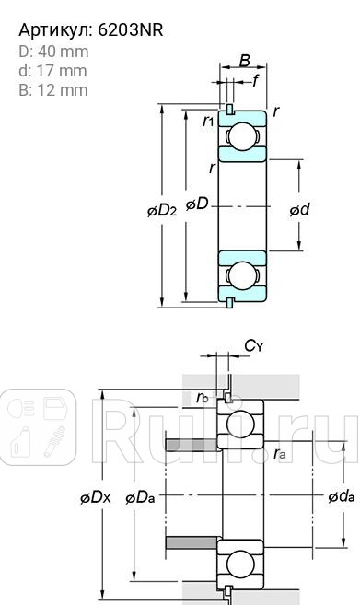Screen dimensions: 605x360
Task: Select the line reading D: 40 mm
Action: point(54,51)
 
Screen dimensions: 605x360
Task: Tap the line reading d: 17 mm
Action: point(52,70)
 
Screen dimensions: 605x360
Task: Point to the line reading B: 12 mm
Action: point(53,89)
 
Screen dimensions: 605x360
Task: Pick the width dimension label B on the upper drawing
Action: point(244,61)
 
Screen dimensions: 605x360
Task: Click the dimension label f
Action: point(255,81)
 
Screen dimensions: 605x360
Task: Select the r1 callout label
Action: point(208,120)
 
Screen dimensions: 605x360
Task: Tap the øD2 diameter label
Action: point(162,209)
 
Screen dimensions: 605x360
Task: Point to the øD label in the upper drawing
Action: point(196,204)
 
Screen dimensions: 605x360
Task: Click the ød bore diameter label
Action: point(299,209)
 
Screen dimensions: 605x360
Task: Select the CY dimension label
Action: point(254,345)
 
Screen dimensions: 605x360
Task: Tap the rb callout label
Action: point(202,398)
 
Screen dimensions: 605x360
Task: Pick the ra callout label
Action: point(280,452)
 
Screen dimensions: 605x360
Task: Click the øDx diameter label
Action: point(96,496)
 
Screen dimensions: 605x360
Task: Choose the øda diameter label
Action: point(340,496)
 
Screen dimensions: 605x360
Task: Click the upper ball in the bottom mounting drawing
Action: point(241,426)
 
